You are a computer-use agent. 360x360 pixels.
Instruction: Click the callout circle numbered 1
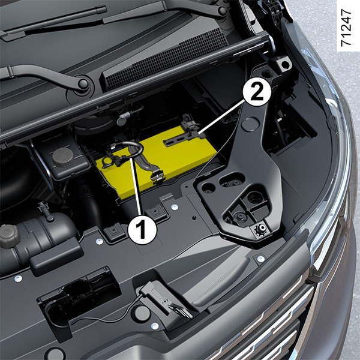(142, 230)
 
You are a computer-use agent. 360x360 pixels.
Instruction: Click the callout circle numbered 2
(257, 92)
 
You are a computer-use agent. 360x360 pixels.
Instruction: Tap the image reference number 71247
(346, 28)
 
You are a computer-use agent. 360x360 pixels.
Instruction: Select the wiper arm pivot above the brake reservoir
(83, 84)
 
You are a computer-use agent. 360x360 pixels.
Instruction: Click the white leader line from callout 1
(136, 187)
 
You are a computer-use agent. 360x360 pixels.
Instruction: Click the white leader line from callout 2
(221, 118)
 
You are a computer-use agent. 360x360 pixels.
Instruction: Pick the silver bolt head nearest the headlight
(261, 259)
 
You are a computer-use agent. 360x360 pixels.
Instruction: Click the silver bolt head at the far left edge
(18, 278)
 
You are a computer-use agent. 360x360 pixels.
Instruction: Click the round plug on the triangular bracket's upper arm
(250, 124)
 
